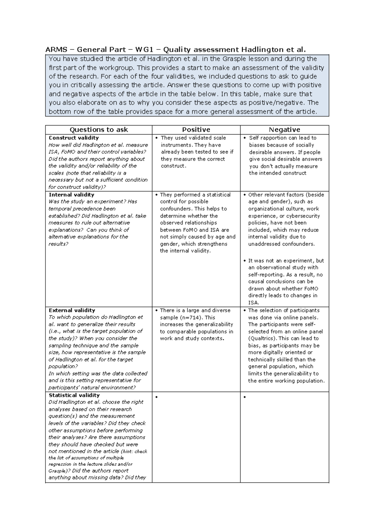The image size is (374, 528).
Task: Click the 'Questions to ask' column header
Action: click(98, 130)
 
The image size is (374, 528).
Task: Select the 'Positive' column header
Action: click(196, 130)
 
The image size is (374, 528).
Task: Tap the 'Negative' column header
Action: click(284, 130)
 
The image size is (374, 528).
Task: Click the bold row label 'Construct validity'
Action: click(74, 138)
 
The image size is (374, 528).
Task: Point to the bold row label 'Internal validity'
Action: click(71, 195)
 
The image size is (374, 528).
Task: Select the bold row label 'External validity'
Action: click(72, 310)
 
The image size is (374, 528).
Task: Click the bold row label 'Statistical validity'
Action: click(74, 395)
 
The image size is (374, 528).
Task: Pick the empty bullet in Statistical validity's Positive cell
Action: click(156, 397)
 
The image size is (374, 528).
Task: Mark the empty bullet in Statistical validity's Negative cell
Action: click(245, 397)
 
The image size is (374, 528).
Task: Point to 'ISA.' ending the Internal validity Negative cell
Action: click(254, 303)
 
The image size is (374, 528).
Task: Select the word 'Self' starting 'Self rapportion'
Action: click(254, 138)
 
